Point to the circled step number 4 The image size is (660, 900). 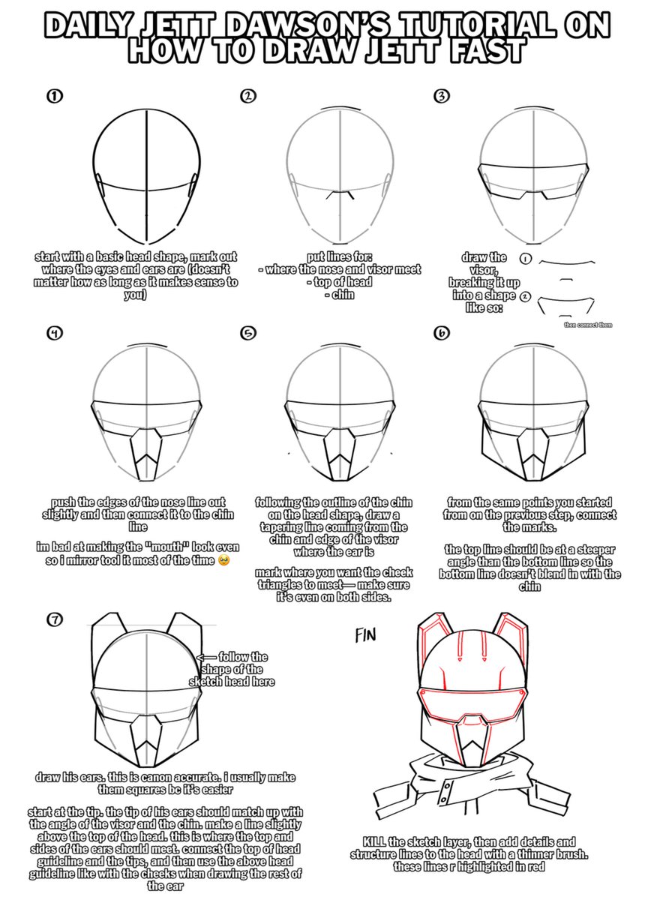pyautogui.click(x=54, y=334)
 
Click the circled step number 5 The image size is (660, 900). pyautogui.click(x=248, y=334)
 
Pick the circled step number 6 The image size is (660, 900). pyautogui.click(x=442, y=334)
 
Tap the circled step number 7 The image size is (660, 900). pyautogui.click(x=54, y=619)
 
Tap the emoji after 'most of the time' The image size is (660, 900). pyautogui.click(x=222, y=561)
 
